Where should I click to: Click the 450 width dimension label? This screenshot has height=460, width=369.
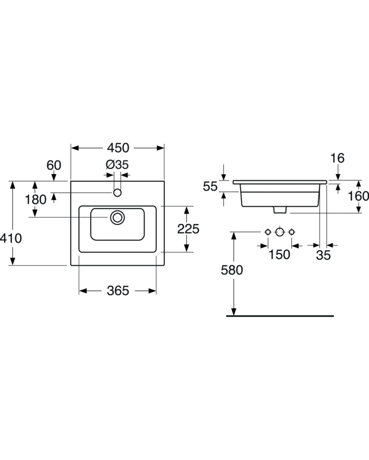118,148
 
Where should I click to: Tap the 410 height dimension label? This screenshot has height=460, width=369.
11,238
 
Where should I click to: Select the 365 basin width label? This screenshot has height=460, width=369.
118,291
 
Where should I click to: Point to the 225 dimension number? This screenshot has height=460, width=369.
188,229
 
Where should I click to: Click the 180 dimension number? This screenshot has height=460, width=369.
35,200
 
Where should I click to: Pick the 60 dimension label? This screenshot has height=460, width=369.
54,165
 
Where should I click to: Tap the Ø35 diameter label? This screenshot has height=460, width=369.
117,165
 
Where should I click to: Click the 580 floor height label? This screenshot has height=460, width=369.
232,270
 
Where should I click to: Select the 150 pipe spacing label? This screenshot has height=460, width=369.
279,255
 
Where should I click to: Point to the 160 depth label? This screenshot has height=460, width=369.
358,196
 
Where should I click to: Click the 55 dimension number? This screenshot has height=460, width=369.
210,186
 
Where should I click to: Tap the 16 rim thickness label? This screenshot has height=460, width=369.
337,158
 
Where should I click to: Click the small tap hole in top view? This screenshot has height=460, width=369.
117,193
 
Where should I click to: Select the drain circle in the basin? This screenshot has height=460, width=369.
117,217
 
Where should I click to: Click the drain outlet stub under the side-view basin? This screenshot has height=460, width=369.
280,209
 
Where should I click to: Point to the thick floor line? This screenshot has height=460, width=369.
280,316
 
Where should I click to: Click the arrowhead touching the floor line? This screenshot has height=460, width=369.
233,312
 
